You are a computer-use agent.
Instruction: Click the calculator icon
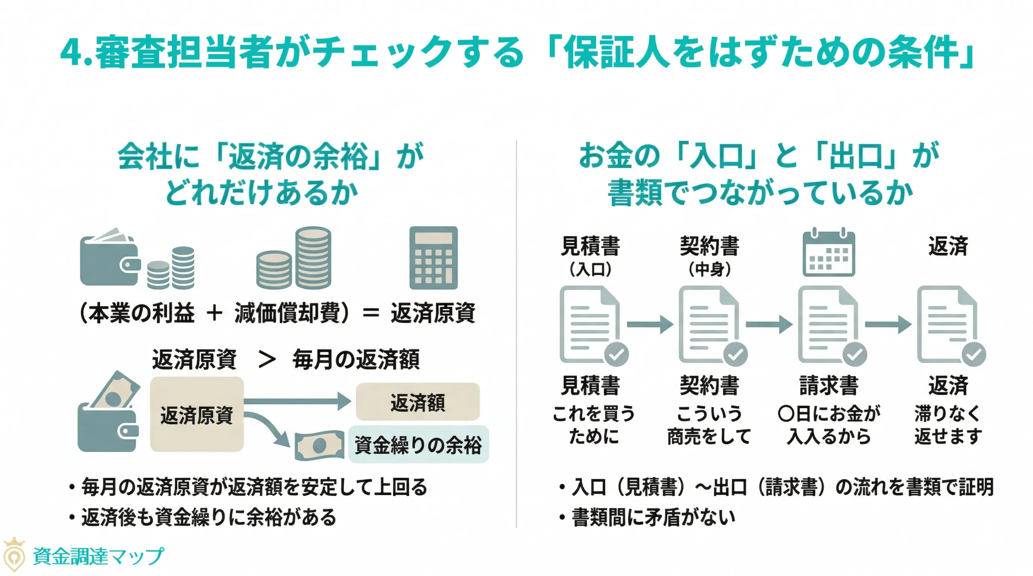point(433,258)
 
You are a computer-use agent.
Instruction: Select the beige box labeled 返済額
point(417,402)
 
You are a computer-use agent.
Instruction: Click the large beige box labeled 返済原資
point(197,414)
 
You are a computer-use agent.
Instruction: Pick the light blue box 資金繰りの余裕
point(418,445)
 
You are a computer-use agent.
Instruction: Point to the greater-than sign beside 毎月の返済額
point(267,360)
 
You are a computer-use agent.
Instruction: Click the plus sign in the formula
point(214,313)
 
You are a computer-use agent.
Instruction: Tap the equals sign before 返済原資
point(370,313)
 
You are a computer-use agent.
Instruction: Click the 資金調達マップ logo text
point(98,556)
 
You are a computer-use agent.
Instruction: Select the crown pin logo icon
point(14,555)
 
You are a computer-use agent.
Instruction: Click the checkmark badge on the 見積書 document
point(616,354)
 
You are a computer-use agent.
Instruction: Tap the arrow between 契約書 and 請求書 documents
point(769,324)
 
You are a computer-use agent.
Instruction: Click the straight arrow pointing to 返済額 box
point(298,401)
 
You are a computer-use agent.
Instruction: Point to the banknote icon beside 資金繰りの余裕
point(319,445)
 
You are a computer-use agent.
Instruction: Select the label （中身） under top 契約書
point(709,269)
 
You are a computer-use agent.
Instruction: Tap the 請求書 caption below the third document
point(828,385)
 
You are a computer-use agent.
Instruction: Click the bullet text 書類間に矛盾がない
point(653,517)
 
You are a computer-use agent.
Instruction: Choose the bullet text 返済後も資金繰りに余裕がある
point(209,517)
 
